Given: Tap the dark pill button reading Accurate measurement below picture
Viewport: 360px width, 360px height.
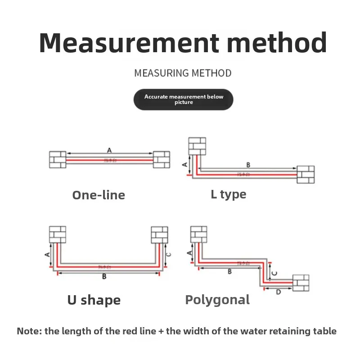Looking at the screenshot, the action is tap(184, 99).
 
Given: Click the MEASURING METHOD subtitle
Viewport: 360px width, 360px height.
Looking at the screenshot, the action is tap(183, 73).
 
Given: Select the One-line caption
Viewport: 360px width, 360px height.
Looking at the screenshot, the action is tap(99, 195).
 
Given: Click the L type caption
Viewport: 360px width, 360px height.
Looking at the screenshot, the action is tap(229, 194).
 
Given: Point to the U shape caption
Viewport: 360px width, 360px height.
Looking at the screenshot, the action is tap(94, 300).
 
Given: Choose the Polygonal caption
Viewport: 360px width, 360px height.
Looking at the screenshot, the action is tap(217, 300).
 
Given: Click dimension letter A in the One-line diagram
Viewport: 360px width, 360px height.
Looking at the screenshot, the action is tap(109, 150).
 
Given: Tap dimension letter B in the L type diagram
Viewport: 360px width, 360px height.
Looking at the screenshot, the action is tap(248, 165).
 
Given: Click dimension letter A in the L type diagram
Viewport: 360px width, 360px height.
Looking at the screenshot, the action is tap(184, 165).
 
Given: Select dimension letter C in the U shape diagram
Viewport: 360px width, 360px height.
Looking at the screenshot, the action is tap(169, 255).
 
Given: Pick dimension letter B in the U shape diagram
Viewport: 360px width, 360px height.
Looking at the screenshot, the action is tap(104, 276).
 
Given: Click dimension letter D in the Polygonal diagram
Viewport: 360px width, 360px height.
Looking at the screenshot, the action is tap(278, 292).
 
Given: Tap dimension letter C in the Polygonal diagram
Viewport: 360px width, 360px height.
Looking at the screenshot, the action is tap(275, 273).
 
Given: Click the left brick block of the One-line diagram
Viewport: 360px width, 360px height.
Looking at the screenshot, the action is tap(58, 160).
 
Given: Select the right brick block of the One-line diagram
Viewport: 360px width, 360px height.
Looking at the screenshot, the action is tap(162, 160).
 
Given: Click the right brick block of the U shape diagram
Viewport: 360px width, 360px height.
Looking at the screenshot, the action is tap(159, 234).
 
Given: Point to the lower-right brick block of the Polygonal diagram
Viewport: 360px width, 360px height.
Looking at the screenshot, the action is tap(301, 283).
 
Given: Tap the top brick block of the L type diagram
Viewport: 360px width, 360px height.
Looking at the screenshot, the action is tap(197, 146).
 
